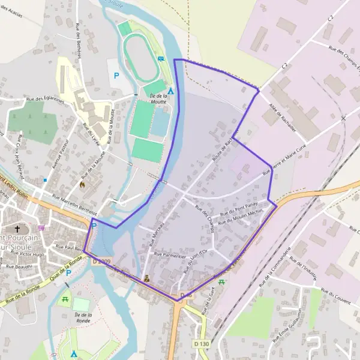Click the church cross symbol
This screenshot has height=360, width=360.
click(x=17, y=229)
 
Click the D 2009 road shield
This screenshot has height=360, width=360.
click(x=101, y=261)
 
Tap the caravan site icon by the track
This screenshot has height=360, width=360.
click(x=161, y=58)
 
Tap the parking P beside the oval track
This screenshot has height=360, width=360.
click(x=116, y=76)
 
